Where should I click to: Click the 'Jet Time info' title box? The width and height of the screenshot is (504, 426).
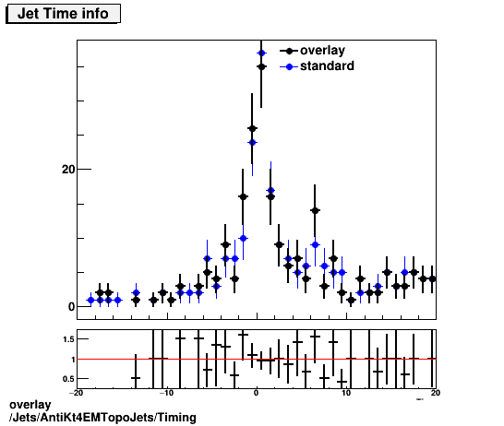pyautogui.click(x=64, y=14)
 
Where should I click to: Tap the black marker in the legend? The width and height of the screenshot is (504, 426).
pyautogui.click(x=291, y=52)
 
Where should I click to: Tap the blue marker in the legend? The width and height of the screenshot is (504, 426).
pyautogui.click(x=291, y=66)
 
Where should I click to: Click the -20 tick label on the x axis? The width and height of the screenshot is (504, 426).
pyautogui.click(x=77, y=393)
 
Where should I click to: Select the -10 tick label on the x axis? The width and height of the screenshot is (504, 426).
pyautogui.click(x=166, y=393)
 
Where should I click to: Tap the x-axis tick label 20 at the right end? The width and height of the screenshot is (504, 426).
pyautogui.click(x=435, y=393)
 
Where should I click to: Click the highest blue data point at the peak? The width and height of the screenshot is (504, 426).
pyautogui.click(x=261, y=53)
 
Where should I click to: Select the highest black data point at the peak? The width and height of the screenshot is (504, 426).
pyautogui.click(x=261, y=66)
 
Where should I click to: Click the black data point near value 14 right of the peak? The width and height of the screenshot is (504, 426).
pyautogui.click(x=315, y=211)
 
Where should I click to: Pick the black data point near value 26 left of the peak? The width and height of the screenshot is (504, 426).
pyautogui.click(x=252, y=129)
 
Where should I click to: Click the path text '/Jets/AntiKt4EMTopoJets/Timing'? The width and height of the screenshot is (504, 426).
pyautogui.click(x=102, y=418)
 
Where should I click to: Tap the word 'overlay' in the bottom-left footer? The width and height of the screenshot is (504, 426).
pyautogui.click(x=29, y=406)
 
